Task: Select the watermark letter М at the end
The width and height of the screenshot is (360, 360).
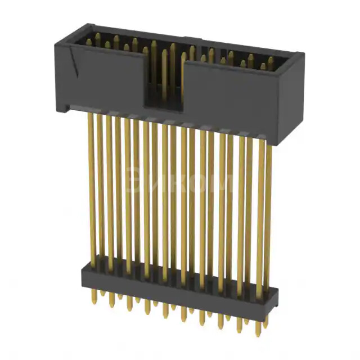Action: (223, 183)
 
